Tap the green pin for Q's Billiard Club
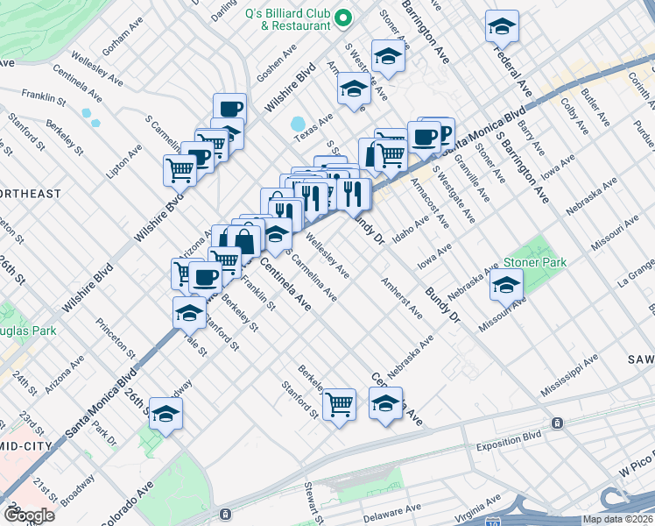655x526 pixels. (x=345, y=18)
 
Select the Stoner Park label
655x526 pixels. (x=534, y=262)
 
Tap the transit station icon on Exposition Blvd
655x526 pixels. (x=556, y=423)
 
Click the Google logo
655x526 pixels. (x=29, y=515)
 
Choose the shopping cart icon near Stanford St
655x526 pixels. (x=339, y=404)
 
